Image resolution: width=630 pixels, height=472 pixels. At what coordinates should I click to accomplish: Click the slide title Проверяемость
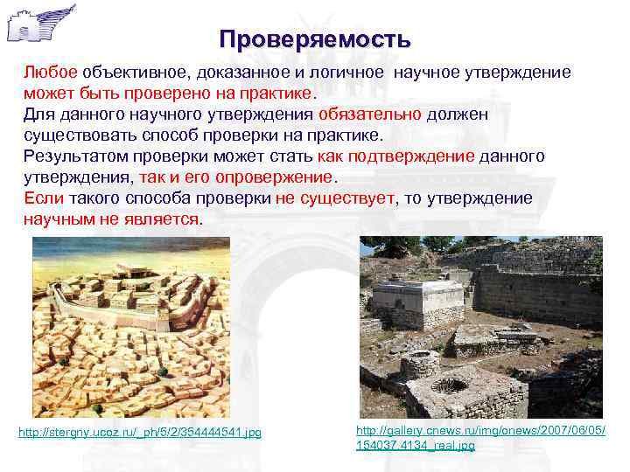point(315,39)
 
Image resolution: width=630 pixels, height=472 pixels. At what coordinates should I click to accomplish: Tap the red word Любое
point(51,73)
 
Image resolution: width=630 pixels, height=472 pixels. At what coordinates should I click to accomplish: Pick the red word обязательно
point(370,115)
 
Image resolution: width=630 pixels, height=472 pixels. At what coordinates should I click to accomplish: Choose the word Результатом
point(74,156)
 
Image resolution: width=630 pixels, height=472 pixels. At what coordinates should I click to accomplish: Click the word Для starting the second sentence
point(39,115)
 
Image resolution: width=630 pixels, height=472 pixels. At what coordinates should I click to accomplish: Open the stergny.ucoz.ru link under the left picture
point(140,433)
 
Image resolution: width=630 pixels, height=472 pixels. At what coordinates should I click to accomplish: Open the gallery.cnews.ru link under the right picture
point(481,438)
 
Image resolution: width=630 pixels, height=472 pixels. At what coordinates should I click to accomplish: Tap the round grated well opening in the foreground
point(449,385)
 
